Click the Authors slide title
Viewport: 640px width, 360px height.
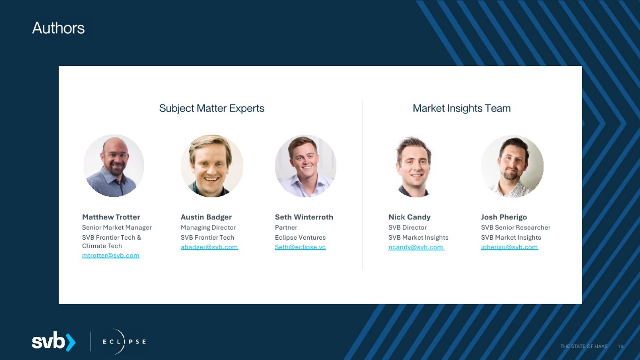coord(58,28)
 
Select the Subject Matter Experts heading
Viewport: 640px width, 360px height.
coord(211,108)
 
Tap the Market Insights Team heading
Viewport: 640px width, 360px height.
coord(462,108)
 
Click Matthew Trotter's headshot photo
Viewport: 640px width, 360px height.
coord(114,166)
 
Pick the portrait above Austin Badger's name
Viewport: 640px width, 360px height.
coord(212,166)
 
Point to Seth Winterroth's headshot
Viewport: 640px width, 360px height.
coord(306,166)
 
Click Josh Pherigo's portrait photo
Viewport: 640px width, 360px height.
coord(512,166)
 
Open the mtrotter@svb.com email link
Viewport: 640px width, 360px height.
coord(111,255)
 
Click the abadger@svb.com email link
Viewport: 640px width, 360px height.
coord(209,247)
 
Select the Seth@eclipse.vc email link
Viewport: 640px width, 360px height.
coord(300,247)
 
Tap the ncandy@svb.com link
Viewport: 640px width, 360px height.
coord(416,247)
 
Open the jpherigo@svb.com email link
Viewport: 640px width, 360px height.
coord(510,247)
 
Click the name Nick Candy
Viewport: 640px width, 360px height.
coord(409,217)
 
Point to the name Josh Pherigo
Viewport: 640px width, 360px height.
coord(504,217)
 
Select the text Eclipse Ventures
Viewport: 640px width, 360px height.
coord(300,238)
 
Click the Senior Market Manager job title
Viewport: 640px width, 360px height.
coord(117,228)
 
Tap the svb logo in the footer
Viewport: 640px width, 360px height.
coord(54,341)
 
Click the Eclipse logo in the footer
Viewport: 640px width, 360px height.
coord(124,342)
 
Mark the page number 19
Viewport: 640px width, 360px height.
coord(620,346)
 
